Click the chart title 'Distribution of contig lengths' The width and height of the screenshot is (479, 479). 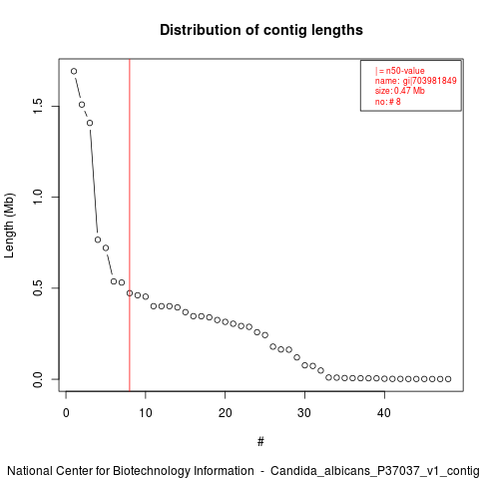(261, 30)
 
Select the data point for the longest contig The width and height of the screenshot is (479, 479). (74, 71)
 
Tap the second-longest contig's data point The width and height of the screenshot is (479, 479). (82, 105)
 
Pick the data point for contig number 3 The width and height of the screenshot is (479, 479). (90, 123)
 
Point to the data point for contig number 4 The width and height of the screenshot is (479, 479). (98, 239)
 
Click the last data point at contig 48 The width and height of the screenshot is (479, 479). (448, 379)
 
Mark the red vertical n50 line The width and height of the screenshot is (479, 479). (130, 225)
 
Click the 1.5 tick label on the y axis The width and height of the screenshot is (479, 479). (38, 106)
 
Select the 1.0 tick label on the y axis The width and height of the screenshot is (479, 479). (38, 197)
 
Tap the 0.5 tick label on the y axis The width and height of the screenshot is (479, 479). (38, 287)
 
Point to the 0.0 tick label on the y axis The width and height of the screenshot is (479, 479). (38, 379)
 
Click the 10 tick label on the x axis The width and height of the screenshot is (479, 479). (146, 413)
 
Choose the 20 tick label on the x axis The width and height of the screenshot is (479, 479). (226, 413)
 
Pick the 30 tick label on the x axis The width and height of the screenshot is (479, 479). (304, 413)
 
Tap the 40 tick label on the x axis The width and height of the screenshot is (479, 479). (384, 413)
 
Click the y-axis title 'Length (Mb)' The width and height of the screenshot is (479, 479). (9, 226)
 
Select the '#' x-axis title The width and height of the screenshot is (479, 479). (260, 442)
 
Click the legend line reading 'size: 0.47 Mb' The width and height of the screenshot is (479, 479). (400, 91)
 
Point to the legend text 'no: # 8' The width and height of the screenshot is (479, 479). (388, 102)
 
